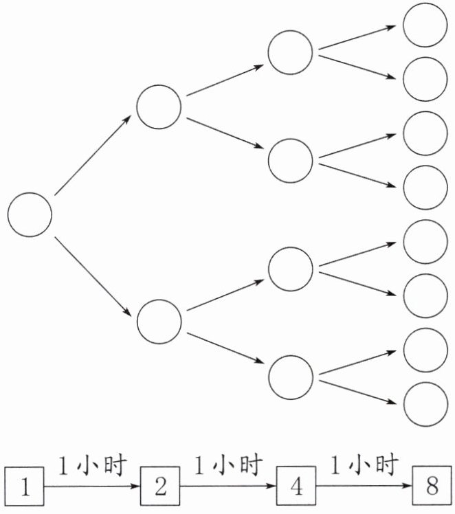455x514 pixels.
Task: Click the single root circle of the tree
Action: point(30,214)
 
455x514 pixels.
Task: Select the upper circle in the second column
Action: point(159,107)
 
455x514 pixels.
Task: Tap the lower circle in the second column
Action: point(159,321)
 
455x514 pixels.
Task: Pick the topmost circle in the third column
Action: point(290,53)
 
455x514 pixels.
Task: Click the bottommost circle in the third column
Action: point(290,375)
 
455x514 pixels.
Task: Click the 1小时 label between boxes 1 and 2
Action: point(93,467)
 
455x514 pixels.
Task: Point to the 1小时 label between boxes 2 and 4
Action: point(228,467)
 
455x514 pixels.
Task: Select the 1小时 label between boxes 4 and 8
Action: point(364,467)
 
